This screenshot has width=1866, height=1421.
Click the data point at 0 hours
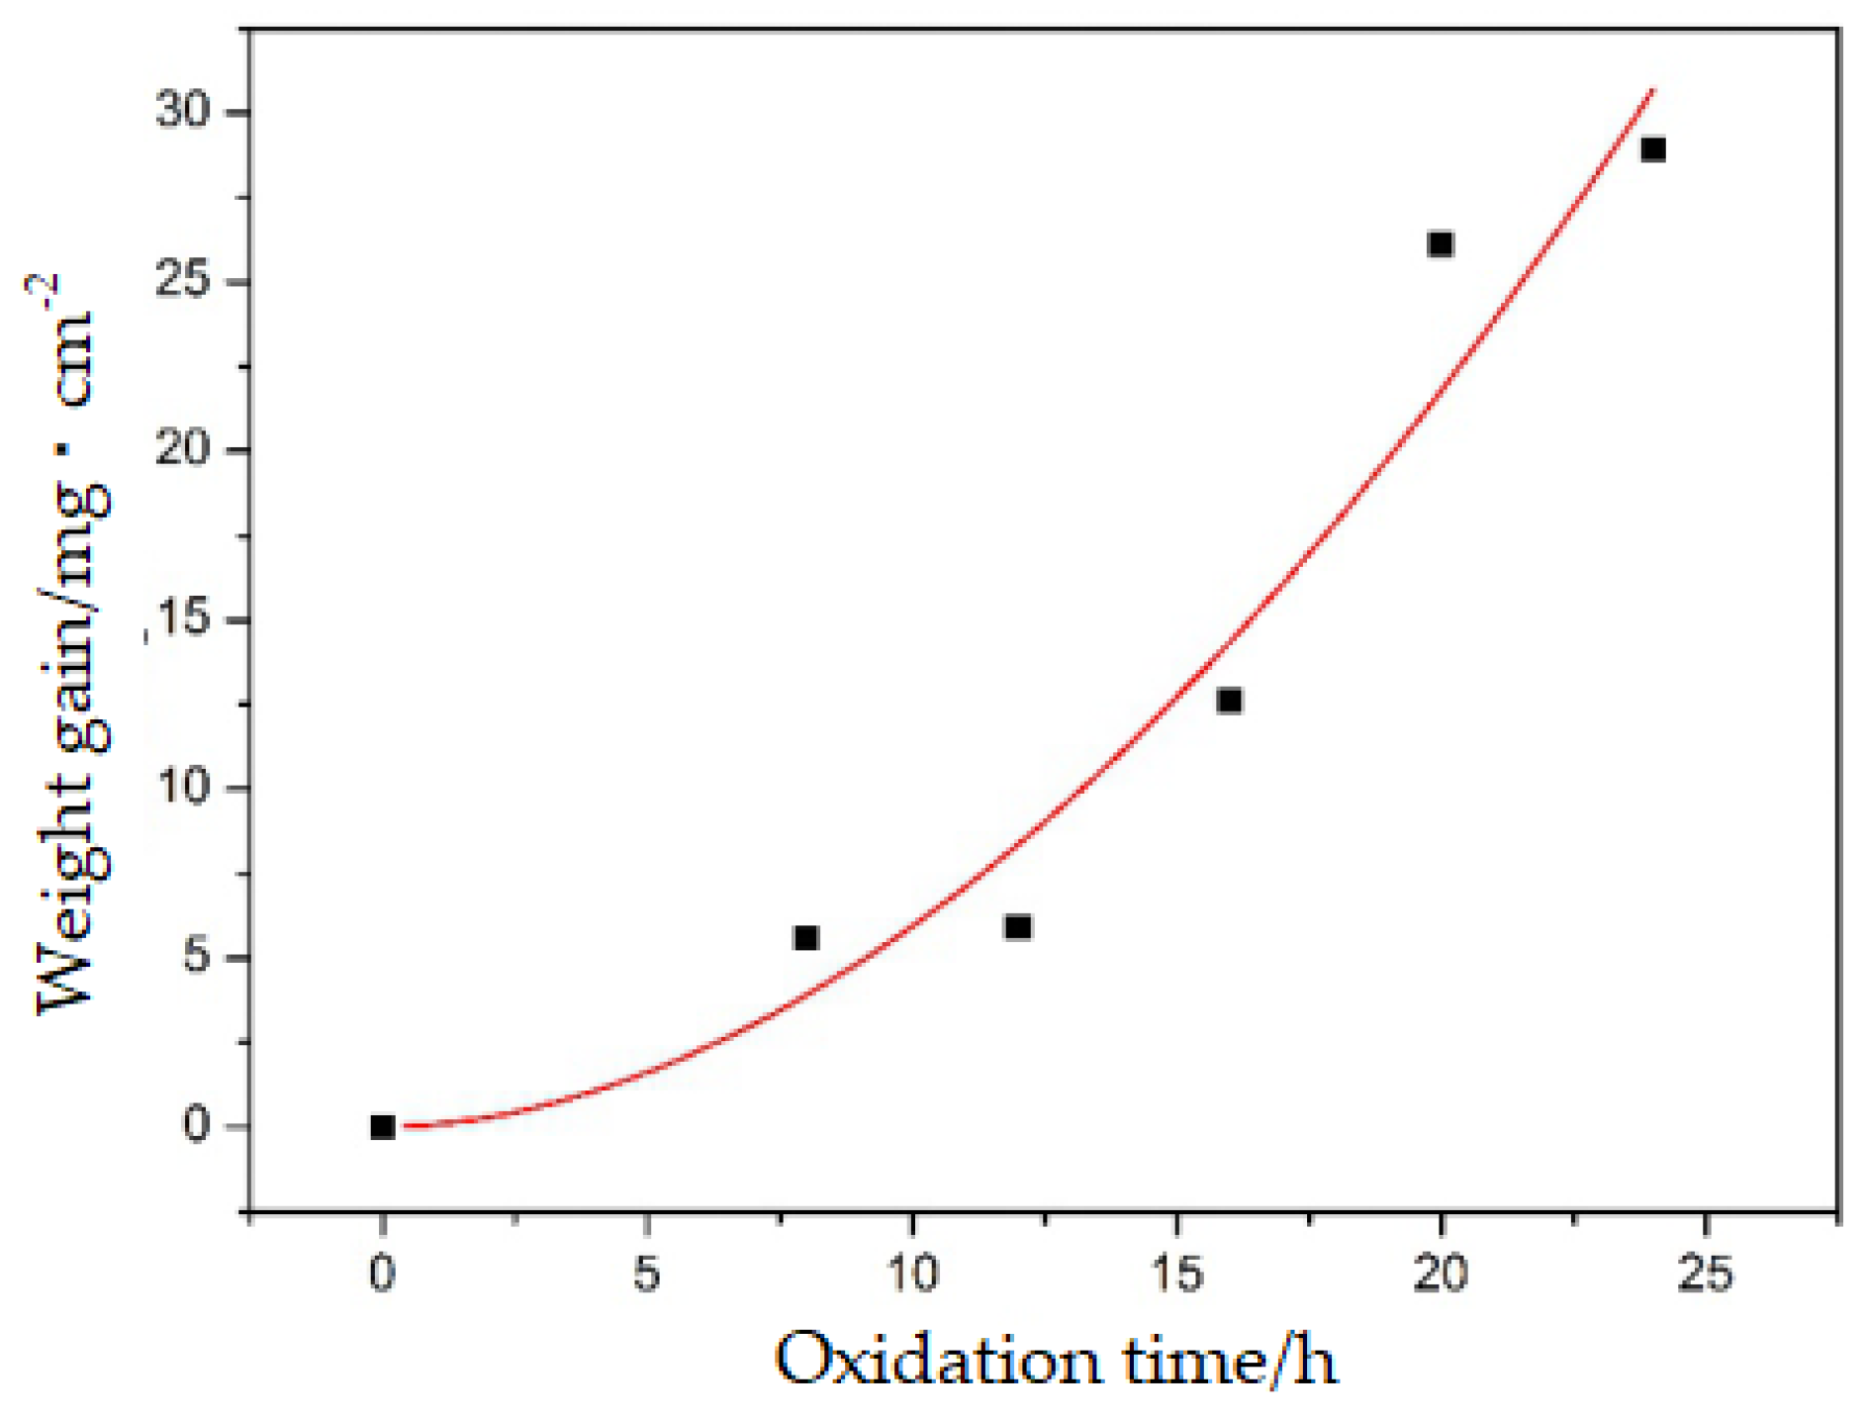pyautogui.click(x=382, y=1126)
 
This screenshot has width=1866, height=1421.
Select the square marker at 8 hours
pyautogui.click(x=805, y=937)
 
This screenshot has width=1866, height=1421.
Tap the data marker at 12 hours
pyautogui.click(x=1017, y=927)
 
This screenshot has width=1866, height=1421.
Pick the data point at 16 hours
pyautogui.click(x=1229, y=701)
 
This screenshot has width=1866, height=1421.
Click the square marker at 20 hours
pyautogui.click(x=1441, y=243)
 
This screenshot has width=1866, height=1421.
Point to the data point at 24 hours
pyautogui.click(x=1652, y=149)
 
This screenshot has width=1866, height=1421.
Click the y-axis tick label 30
pyautogui.click(x=184, y=110)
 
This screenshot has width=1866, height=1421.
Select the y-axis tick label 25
pyautogui.click(x=184, y=280)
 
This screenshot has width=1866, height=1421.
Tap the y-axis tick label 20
pyautogui.click(x=184, y=448)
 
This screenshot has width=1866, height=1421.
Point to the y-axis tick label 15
pyautogui.click(x=184, y=618)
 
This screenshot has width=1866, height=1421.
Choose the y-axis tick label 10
pyautogui.click(x=184, y=788)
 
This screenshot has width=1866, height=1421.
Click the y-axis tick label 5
pyautogui.click(x=197, y=956)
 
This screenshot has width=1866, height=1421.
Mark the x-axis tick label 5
pyautogui.click(x=646, y=1274)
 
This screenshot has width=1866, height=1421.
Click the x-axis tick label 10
pyautogui.click(x=911, y=1274)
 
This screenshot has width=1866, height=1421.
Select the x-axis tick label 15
pyautogui.click(x=1176, y=1274)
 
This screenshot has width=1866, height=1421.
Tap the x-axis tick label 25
pyautogui.click(x=1706, y=1274)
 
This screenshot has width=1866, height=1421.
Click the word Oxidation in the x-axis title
pyautogui.click(x=936, y=1361)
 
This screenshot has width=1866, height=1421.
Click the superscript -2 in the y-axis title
pyautogui.click(x=44, y=293)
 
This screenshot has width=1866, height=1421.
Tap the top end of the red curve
pyautogui.click(x=1651, y=91)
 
